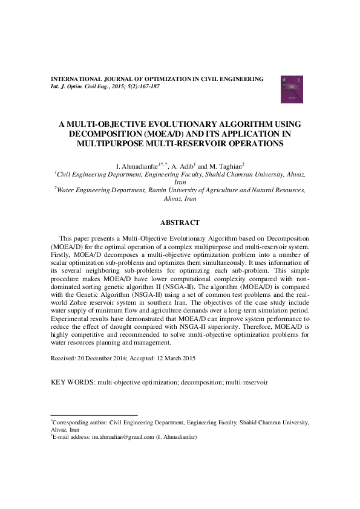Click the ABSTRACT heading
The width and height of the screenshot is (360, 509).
(180, 222)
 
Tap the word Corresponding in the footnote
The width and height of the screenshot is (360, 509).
(72, 423)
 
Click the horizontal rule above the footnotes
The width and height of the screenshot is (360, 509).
(94, 415)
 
